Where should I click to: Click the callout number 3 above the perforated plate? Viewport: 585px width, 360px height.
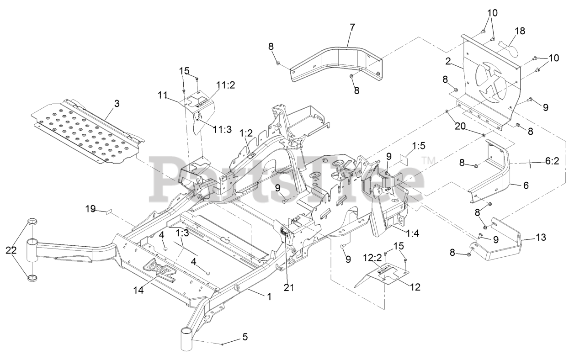pyautogui.click(x=117, y=104)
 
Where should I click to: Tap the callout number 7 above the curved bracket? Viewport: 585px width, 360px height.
pyautogui.click(x=352, y=27)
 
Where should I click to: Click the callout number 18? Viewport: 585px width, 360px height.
pyautogui.click(x=520, y=31)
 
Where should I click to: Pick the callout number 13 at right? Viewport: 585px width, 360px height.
pyautogui.click(x=541, y=238)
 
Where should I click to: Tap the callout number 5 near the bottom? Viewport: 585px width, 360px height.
pyautogui.click(x=245, y=338)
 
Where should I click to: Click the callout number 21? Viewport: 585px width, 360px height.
pyautogui.click(x=289, y=287)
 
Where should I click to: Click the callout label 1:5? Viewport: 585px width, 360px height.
pyautogui.click(x=418, y=146)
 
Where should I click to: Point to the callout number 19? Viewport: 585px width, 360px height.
pyautogui.click(x=91, y=209)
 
